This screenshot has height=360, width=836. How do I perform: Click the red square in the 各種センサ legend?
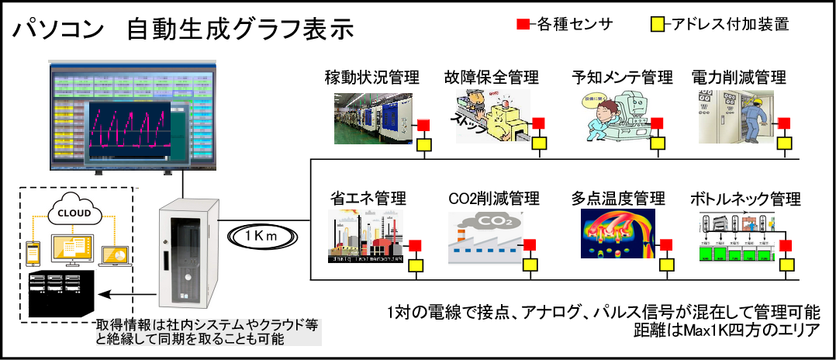pyautogui.click(x=523, y=25)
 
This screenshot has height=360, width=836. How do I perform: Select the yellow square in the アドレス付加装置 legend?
pyautogui.click(x=655, y=25)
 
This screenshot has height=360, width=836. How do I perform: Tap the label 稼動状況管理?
pyautogui.click(x=372, y=78)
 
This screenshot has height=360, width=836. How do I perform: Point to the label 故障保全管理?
pyautogui.click(x=491, y=78)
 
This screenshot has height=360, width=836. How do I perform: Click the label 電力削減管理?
pyautogui.click(x=738, y=78)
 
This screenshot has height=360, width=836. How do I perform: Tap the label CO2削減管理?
pyautogui.click(x=494, y=199)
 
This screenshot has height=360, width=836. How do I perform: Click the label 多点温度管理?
pyautogui.click(x=618, y=199)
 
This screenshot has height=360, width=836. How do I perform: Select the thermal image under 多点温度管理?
pyautogui.click(x=617, y=233)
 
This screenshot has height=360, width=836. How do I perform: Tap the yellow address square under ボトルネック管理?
pyautogui.click(x=786, y=265)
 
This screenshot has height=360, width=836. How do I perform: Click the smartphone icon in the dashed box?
pyautogui.click(x=33, y=253)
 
